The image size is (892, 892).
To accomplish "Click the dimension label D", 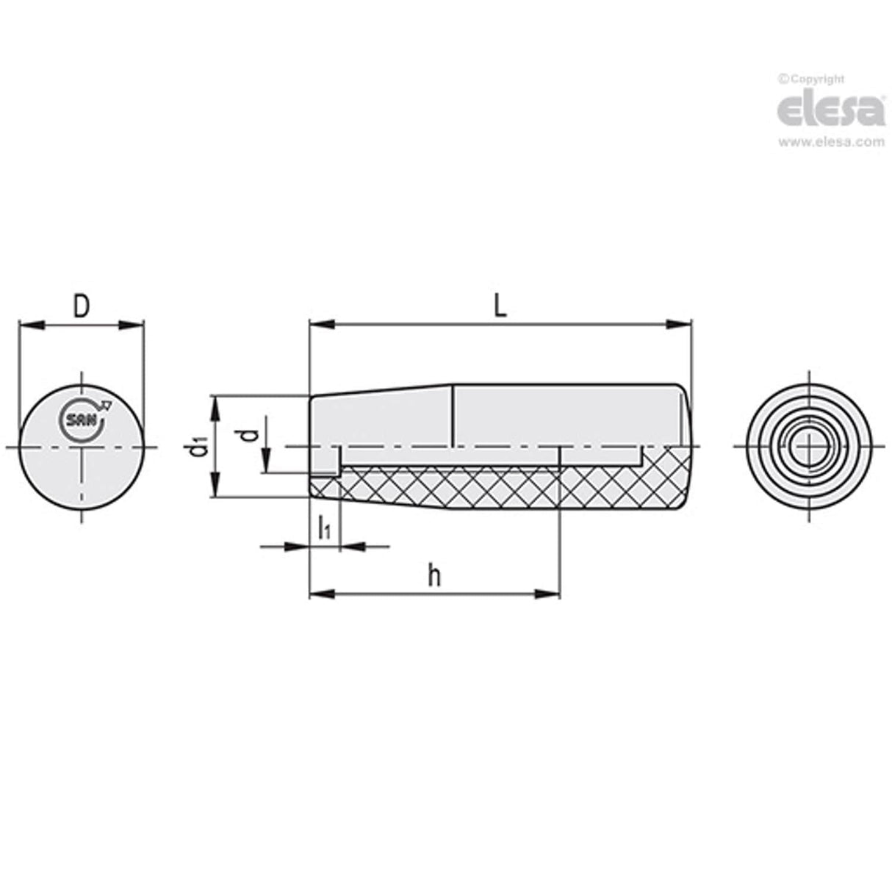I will point(81,306).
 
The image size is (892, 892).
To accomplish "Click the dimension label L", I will point(500,306).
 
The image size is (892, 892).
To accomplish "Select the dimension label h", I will point(434,577).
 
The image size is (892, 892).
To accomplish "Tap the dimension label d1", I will point(195,446).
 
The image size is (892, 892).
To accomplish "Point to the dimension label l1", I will point(324,528).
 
